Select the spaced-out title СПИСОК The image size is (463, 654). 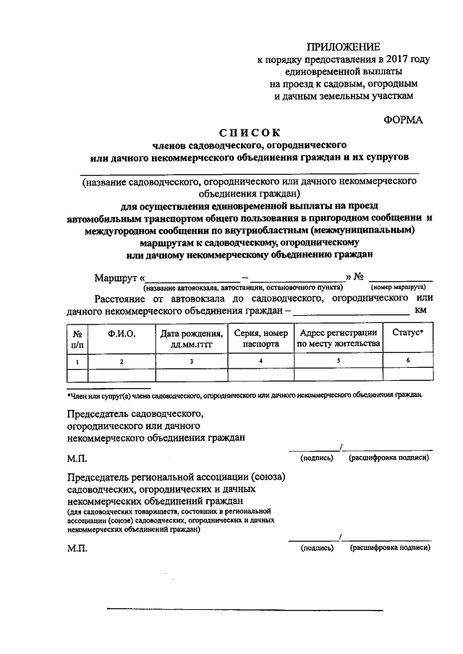(249, 133)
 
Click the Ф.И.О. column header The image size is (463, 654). (122, 333)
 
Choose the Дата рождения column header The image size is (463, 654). (192, 338)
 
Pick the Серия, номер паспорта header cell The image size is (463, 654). (261, 338)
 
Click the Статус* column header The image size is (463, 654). (408, 333)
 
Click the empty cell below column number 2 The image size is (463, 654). (122, 374)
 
